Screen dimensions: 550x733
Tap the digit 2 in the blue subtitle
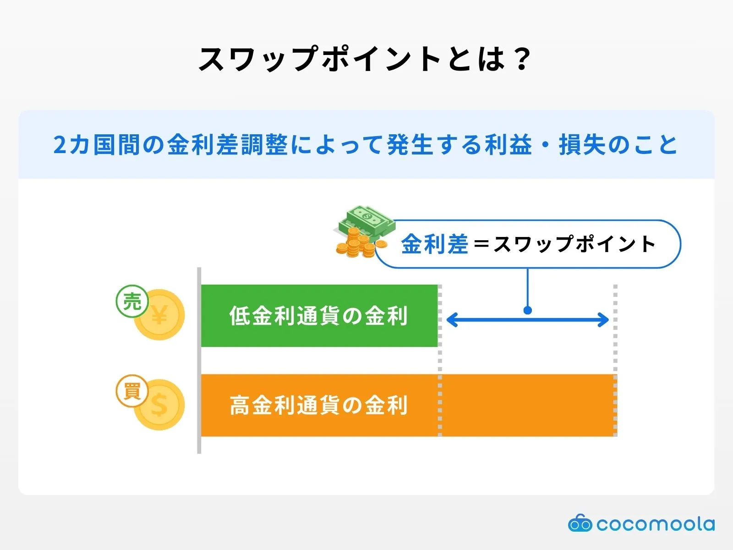[60, 145]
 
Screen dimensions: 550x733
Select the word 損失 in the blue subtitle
[582, 145]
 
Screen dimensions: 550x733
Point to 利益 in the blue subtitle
[509, 145]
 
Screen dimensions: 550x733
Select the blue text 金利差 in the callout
[434, 244]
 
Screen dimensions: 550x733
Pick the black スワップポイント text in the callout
[575, 244]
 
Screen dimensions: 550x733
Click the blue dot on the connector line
[528, 310]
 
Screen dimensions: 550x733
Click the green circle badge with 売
[132, 301]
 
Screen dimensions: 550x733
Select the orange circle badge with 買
[132, 391]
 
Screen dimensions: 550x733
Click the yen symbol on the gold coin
[160, 315]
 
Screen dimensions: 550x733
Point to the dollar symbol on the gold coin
[160, 405]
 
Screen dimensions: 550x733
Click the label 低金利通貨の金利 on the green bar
[318, 316]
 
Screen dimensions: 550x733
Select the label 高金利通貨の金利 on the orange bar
[318, 405]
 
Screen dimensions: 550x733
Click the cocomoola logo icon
[580, 523]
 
